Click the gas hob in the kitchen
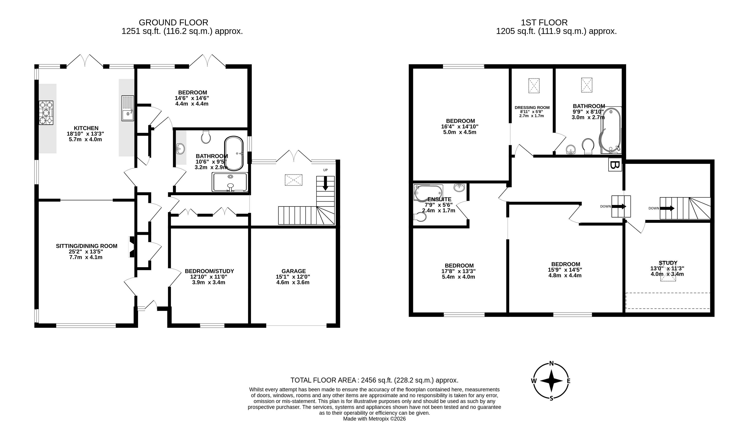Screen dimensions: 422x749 click(46, 113)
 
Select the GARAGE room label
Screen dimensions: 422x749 click(293, 271)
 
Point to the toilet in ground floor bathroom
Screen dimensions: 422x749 click(206, 137)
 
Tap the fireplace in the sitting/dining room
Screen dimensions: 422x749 click(132, 247)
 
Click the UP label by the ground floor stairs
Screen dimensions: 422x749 click(325, 170)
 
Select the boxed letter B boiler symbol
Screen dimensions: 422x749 click(615, 165)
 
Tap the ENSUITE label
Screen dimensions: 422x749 click(439, 199)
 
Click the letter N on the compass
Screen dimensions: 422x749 click(551, 363)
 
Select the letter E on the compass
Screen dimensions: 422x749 click(569, 381)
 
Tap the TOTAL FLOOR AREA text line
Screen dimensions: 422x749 click(374, 380)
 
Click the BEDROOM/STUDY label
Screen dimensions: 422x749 click(209, 271)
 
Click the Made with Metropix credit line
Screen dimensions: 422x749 click(374, 419)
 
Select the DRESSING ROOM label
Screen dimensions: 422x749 click(532, 107)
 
